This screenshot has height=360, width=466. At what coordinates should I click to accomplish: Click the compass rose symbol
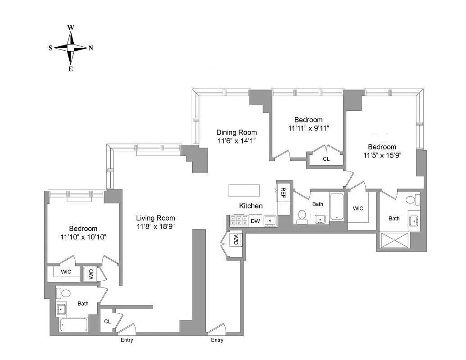click(71, 48)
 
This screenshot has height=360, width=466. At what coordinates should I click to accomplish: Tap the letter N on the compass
click(90, 48)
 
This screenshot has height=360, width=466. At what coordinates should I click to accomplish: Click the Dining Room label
click(236, 132)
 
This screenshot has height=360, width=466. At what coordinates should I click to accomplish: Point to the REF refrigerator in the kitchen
click(283, 193)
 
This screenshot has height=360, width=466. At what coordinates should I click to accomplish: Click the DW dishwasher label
click(255, 221)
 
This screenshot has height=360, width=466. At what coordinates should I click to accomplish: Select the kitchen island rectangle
click(245, 190)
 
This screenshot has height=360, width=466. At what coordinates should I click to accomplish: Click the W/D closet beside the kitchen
click(235, 240)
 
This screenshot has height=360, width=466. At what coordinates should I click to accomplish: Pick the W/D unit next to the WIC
click(91, 273)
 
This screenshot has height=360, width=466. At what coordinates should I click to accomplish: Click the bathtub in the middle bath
click(337, 207)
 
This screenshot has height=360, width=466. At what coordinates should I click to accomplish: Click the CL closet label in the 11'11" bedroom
click(326, 159)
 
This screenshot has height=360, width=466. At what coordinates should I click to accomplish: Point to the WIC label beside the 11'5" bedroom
click(358, 208)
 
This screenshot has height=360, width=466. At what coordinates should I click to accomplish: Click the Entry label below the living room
click(127, 340)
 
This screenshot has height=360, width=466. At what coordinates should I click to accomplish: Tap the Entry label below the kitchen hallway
click(217, 340)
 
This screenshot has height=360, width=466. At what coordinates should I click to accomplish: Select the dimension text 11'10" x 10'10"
click(83, 237)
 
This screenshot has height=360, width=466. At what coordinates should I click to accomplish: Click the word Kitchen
click(251, 206)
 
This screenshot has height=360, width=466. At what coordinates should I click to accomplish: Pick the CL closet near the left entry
click(108, 321)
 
